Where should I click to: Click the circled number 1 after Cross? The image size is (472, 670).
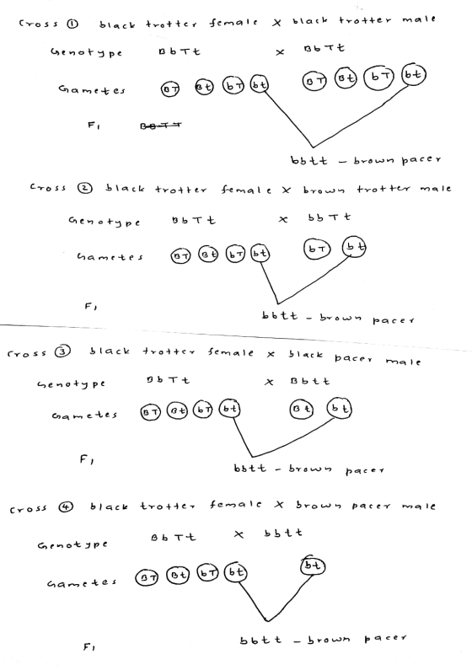pos(72,24)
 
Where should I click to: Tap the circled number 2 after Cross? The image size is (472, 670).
pos(84,188)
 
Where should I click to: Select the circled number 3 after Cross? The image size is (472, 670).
pos(62,351)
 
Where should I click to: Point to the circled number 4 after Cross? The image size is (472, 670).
pos(67,507)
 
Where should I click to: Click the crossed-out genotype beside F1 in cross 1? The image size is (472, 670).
pos(161,126)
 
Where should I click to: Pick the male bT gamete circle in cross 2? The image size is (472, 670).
pos(317,249)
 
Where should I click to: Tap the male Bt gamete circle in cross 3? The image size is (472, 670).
pos(301,409)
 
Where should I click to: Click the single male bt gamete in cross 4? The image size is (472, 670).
pos(313,565)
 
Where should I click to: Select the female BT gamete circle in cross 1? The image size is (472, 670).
pos(170,88)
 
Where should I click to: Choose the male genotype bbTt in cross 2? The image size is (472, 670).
pos(329,217)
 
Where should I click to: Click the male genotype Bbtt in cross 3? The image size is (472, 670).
pos(309,381)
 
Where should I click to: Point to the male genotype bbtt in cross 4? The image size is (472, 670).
pos(283,533)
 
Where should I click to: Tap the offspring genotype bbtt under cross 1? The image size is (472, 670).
pos(309,161)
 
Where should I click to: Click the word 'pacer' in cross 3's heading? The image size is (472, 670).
pos(353,358)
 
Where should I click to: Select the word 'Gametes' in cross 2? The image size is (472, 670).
pos(110,257)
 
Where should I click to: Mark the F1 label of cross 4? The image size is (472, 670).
pos(88,647)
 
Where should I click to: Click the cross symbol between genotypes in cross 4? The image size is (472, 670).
pos(239,534)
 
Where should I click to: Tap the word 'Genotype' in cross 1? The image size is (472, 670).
pos(86,53)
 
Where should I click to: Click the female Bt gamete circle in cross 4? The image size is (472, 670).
pos(177,575)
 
